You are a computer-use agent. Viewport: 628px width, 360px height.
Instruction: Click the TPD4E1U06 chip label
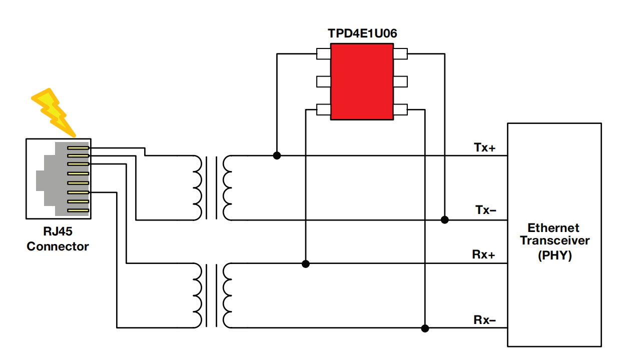[x=362, y=33]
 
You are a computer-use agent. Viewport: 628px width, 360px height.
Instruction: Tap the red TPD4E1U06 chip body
[x=362, y=82]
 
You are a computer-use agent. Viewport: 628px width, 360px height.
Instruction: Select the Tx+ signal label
[x=485, y=147]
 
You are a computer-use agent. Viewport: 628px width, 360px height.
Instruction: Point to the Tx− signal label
[x=486, y=210]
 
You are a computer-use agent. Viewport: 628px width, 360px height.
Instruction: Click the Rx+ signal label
[x=483, y=254]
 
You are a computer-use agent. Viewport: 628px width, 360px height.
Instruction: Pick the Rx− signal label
[x=485, y=320]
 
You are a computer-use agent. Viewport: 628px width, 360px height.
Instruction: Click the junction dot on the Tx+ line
[x=277, y=156]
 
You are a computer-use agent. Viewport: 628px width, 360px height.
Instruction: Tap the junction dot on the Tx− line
[x=445, y=220]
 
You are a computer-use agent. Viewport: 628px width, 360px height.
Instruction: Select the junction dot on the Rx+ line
[x=306, y=264]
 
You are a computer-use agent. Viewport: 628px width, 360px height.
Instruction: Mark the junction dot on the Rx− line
[x=425, y=328]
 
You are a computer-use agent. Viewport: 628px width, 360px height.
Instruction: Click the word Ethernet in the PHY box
[x=553, y=228]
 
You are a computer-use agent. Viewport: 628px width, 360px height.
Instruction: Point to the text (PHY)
[x=555, y=255]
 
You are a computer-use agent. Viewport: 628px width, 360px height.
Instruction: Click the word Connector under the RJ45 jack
[x=58, y=246]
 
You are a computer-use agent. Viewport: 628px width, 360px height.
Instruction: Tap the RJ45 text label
[x=58, y=231]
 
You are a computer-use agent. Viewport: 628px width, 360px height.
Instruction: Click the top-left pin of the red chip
[x=324, y=54]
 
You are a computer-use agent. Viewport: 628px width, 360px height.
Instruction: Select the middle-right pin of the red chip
[x=401, y=81]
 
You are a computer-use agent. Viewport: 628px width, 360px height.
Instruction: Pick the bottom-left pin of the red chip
[x=324, y=109]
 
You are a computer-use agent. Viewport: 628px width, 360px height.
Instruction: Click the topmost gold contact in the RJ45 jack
[x=78, y=148]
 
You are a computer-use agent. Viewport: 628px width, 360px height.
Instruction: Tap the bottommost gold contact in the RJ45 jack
[x=78, y=210]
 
